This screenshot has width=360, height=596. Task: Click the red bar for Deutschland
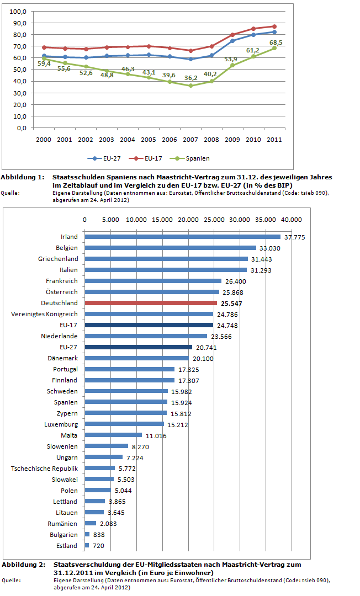coord(151,303)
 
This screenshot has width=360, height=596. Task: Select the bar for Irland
coord(182,237)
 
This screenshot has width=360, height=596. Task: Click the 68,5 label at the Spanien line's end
coord(276,42)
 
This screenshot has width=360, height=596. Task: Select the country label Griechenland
coord(58,259)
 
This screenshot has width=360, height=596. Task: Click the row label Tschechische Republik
coord(44,469)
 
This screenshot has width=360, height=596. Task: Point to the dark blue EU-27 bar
coord(138,347)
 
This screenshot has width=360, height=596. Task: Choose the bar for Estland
coord(87,546)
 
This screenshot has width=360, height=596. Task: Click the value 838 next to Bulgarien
coord(99,535)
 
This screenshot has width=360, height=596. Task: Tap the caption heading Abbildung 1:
coord(23,177)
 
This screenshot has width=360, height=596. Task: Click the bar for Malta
coord(113,435)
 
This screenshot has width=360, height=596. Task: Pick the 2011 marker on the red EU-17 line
coord(274,26)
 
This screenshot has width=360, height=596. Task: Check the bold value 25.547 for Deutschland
coord(231,304)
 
